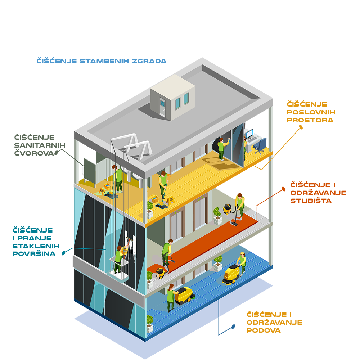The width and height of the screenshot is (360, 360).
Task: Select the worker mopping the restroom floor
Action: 118,178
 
